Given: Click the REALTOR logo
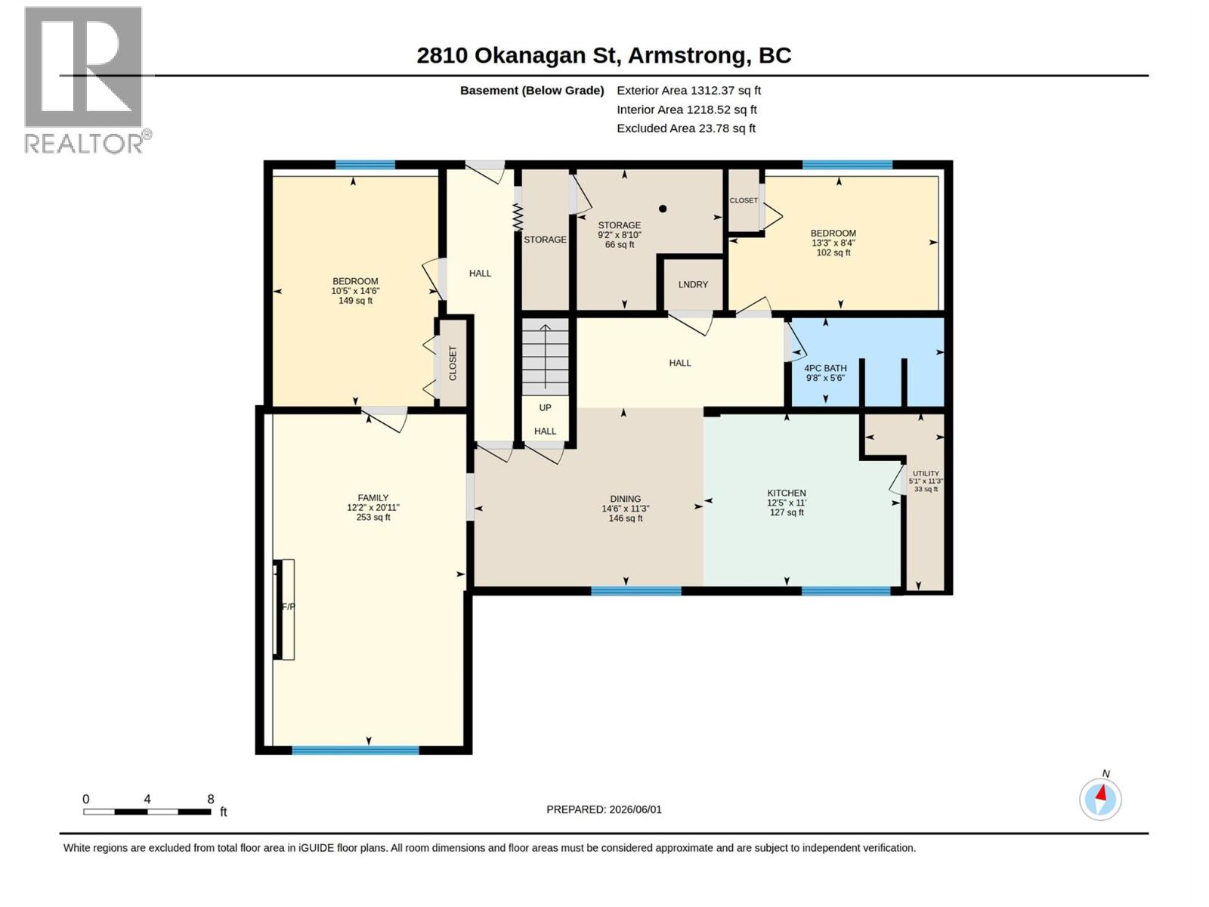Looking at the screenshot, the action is pos(88,80).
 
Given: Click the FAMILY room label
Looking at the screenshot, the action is pos(373,498).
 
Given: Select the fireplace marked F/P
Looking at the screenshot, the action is pos(284,609).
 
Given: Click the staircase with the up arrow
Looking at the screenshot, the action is pos(546,357).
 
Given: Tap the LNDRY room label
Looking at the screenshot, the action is pos(693,285).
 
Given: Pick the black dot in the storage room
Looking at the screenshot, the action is pos(663,209).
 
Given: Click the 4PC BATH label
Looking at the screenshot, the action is pos(825,368).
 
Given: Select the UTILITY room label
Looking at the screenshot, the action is pos(926,474).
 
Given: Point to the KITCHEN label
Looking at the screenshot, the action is pos(787,493).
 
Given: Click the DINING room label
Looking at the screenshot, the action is pos(625,499).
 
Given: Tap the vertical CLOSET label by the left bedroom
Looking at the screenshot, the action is pos(453,364).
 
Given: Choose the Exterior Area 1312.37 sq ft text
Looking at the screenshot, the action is pos(688,90).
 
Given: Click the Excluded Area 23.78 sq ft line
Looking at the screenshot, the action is pos(686,128).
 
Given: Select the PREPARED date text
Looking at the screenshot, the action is pos(604,809).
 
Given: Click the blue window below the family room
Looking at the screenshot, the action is pos(355,750).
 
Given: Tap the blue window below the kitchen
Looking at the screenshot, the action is pos(846,591).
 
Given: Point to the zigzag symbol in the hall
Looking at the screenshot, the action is pos(517,217).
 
